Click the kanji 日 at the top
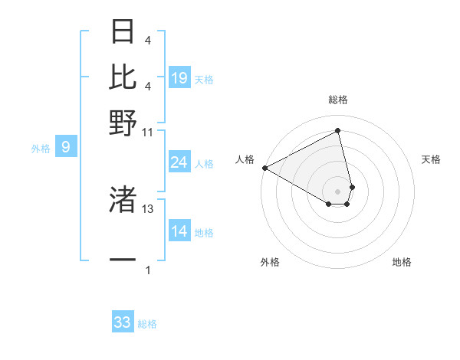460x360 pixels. point(123,31)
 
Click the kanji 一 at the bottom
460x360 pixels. point(123,260)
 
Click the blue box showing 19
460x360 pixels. point(179,78)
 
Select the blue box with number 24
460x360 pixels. point(179,162)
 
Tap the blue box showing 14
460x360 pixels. point(179,232)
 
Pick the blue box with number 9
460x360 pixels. point(66,147)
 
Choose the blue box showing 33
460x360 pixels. point(123,322)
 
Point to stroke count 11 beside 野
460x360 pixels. point(148,132)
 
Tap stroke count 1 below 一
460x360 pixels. point(148,270)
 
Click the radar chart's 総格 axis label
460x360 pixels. point(337,100)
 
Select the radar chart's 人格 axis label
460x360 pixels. point(245,159)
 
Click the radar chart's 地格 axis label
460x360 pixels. point(402,262)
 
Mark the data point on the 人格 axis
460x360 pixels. point(264,168)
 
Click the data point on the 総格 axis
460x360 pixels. point(337,130)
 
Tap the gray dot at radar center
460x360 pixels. point(337,191)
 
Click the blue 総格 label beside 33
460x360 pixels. point(147,324)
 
